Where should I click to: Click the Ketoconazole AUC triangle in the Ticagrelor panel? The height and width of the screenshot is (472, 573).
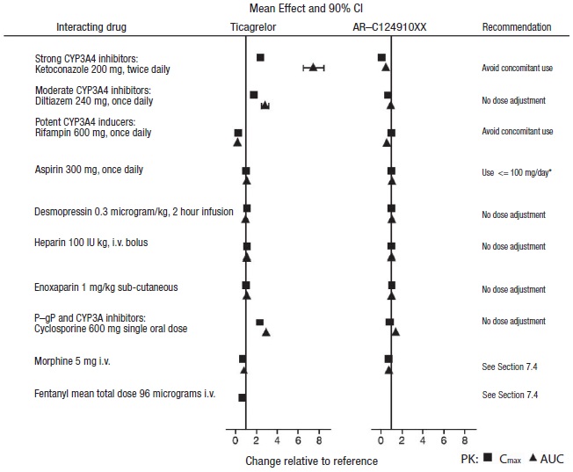tap(313, 67)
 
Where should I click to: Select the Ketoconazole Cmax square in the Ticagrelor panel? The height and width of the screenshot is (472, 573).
tap(260, 58)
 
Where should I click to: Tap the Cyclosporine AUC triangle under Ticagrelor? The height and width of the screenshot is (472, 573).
tap(266, 332)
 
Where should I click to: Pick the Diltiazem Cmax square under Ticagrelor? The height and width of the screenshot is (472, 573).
tap(254, 95)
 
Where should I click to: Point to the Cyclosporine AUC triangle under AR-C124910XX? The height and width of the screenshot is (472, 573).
tap(395, 331)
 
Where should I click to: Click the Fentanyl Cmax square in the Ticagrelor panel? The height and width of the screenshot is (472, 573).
tap(242, 397)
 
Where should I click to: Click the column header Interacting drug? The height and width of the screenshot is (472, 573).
tap(91, 27)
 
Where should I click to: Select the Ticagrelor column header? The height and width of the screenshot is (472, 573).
tap(254, 27)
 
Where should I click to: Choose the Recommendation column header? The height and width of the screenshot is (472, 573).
tap(517, 27)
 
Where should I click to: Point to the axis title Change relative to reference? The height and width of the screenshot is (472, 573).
tap(311, 461)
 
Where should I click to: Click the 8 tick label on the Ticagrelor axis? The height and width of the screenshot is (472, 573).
tap(319, 439)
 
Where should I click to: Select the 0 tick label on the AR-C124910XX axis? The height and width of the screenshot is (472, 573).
tap(381, 439)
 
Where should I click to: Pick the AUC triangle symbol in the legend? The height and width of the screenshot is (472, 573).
tap(533, 458)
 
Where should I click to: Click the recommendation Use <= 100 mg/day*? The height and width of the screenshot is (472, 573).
tap(517, 172)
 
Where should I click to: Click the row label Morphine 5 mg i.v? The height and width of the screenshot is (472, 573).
tap(72, 361)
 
